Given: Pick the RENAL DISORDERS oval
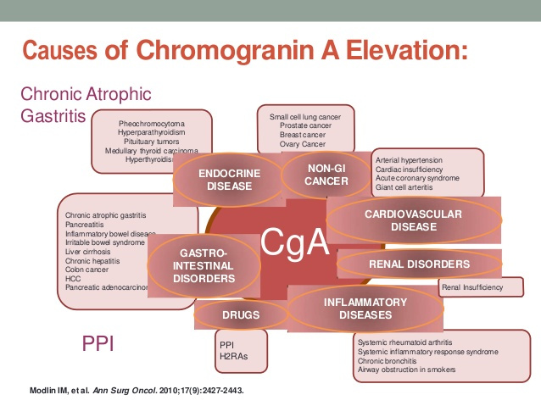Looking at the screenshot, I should (x=419, y=264).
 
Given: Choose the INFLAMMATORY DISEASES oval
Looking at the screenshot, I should (x=365, y=309).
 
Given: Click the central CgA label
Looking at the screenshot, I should (x=295, y=243).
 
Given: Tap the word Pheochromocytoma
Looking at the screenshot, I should (x=152, y=124).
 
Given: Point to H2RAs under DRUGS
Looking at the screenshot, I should (x=231, y=354).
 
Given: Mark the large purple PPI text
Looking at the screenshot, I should (x=98, y=343).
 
